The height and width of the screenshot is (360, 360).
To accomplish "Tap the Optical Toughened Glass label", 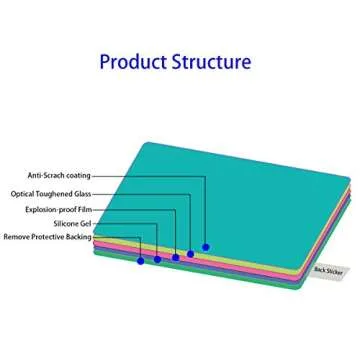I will [51, 194].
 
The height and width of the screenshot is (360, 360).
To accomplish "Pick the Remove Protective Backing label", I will [47, 237].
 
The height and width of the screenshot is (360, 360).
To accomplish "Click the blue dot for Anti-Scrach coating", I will [206, 246].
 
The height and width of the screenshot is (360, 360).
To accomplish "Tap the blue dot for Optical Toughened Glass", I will [190, 253].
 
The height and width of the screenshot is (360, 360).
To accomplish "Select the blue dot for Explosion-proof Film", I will [175, 257].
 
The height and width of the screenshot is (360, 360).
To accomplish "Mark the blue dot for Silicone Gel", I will [157, 259].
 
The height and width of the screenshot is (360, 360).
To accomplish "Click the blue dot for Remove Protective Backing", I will [140, 261].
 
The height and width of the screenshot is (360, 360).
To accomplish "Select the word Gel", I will [86, 224].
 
